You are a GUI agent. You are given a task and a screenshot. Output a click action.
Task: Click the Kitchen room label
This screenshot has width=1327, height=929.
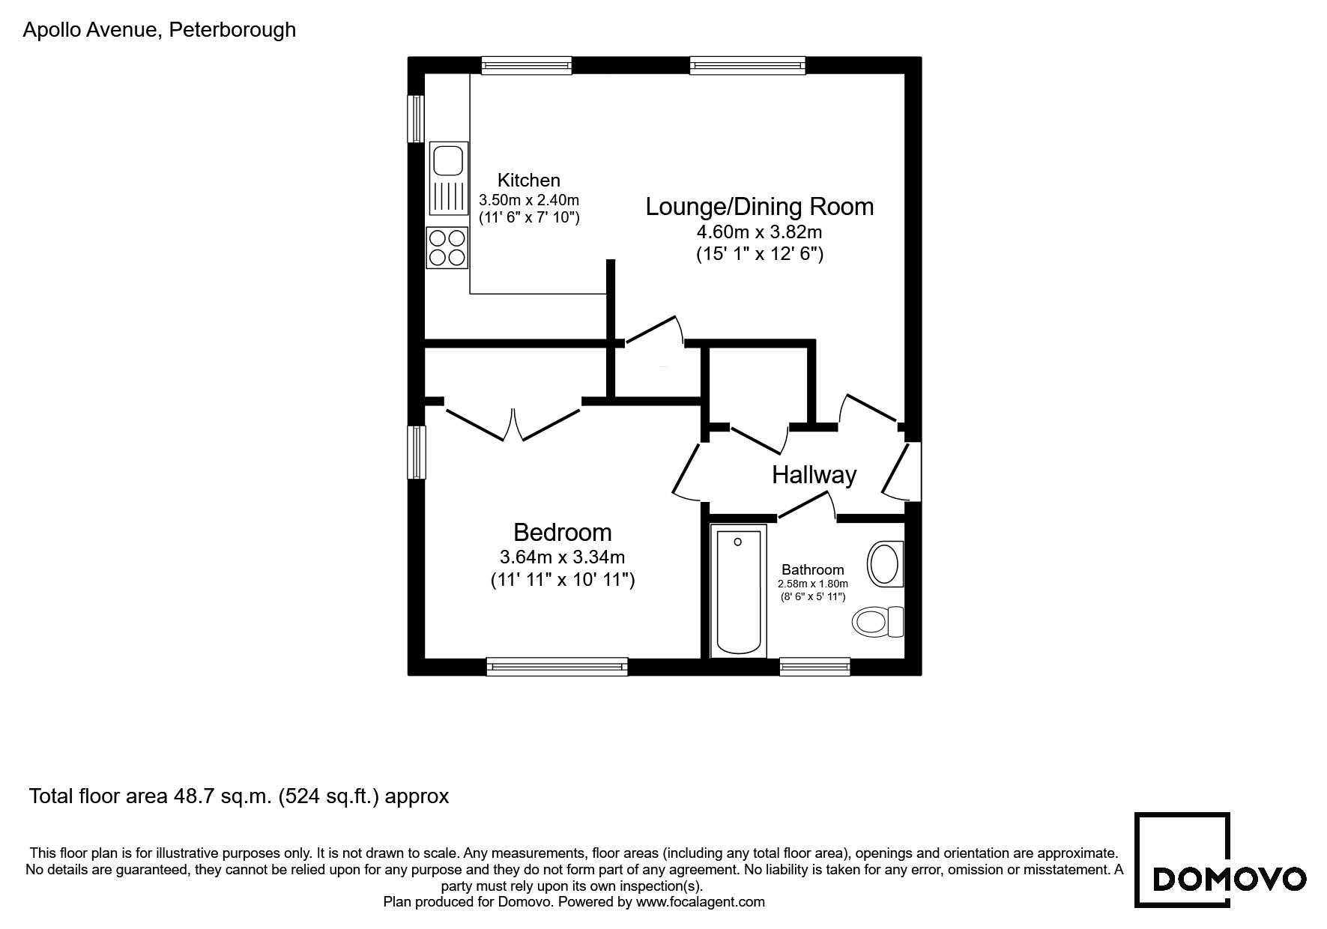point(528,181)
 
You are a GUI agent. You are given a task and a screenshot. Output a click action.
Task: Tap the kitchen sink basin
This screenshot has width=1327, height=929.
point(448,160)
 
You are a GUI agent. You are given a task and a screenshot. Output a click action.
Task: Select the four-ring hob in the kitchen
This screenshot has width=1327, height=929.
point(447,248)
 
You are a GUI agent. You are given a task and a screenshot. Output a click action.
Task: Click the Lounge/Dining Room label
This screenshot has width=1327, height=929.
point(759,207)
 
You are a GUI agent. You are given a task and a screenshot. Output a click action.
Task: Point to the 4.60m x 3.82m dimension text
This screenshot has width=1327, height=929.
point(759,232)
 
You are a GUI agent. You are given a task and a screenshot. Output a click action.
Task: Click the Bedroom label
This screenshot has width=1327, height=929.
point(562,533)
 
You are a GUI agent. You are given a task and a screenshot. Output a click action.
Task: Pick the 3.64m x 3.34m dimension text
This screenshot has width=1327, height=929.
point(562,557)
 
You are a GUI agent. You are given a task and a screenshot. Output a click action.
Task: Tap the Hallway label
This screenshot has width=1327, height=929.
point(814,475)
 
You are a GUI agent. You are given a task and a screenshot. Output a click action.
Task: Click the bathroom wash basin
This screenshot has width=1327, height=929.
point(884,563)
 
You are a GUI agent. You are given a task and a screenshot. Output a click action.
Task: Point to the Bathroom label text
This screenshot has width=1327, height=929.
point(812,570)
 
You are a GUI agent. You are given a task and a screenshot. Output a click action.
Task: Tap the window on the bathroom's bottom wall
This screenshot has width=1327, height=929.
point(814,666)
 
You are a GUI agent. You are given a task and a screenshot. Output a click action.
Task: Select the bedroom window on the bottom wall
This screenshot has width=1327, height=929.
point(556,666)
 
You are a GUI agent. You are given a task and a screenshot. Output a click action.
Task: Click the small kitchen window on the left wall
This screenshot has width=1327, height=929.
point(416,118)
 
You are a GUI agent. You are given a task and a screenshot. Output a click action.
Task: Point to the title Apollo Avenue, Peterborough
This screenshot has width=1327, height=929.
point(160,30)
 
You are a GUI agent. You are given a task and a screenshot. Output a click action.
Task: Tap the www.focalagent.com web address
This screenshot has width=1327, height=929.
point(700,902)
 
